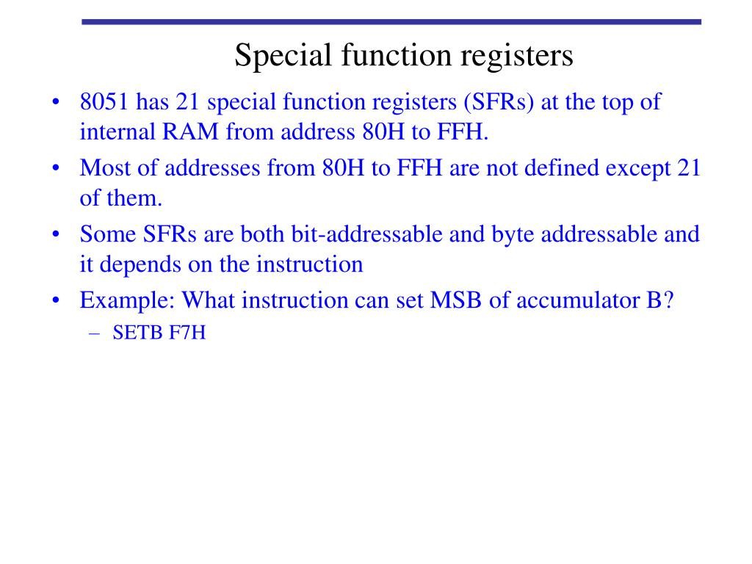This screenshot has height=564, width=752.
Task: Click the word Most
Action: [x=104, y=167]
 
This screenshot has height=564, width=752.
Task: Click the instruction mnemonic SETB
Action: [x=136, y=333]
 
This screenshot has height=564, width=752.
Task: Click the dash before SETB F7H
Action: [x=95, y=333]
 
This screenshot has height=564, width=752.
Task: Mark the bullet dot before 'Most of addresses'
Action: [x=57, y=168]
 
